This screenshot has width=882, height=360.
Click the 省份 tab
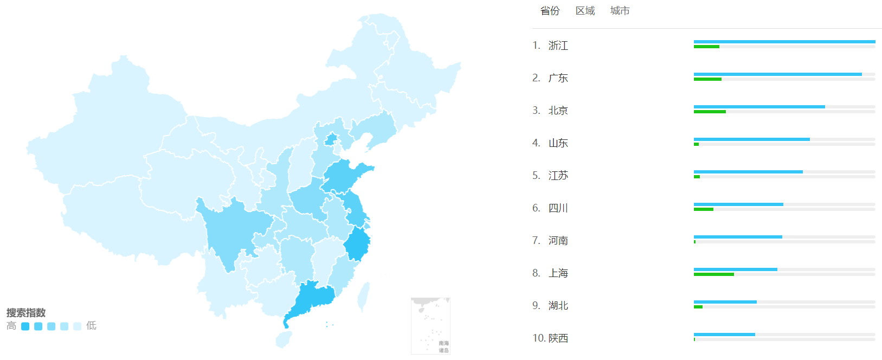(x=550, y=11)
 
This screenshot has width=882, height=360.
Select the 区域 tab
(x=585, y=11)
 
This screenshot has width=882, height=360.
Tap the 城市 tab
(x=620, y=11)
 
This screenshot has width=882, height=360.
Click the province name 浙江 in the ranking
(x=558, y=46)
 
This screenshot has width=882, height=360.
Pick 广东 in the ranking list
(x=558, y=78)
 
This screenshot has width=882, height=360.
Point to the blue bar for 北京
(x=759, y=107)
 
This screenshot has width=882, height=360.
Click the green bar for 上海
(x=713, y=274)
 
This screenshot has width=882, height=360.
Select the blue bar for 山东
(x=751, y=139)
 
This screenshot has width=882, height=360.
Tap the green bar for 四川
(x=703, y=209)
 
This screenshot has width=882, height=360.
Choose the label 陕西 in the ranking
(x=558, y=338)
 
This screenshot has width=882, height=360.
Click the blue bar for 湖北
(x=725, y=302)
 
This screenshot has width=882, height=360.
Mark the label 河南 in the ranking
(x=558, y=241)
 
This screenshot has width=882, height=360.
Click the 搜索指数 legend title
(x=26, y=313)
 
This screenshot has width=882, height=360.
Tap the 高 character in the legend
(x=11, y=326)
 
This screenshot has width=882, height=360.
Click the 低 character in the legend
(x=91, y=326)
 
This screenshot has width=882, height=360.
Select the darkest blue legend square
(x=25, y=326)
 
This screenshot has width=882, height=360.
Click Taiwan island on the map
(x=364, y=295)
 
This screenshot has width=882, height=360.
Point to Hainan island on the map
(x=284, y=339)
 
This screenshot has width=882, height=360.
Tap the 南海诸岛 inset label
(x=443, y=346)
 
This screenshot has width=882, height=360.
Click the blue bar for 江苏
(x=748, y=172)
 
